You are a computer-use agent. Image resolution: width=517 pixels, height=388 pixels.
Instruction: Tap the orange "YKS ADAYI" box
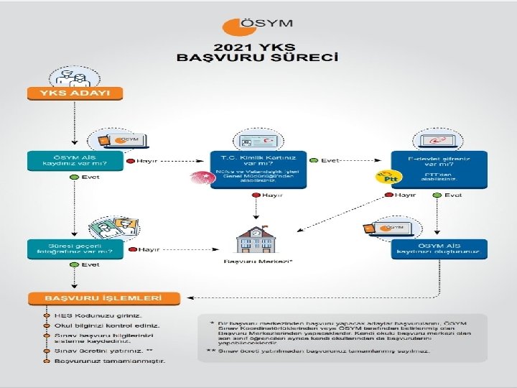(x=75, y=93)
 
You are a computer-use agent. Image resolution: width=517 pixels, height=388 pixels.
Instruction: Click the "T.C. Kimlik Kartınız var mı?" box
(x=258, y=170)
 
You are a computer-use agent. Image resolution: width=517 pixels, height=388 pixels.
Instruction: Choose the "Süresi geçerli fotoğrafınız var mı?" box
(x=75, y=249)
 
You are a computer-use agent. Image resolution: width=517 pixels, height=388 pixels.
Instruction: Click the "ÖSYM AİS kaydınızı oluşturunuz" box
(x=439, y=249)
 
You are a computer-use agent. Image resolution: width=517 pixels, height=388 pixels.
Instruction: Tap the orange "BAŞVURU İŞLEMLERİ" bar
(x=103, y=297)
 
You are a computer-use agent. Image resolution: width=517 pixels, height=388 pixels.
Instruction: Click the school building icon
(x=257, y=239)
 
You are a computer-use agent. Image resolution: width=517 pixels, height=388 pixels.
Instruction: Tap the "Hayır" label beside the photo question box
(x=148, y=249)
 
